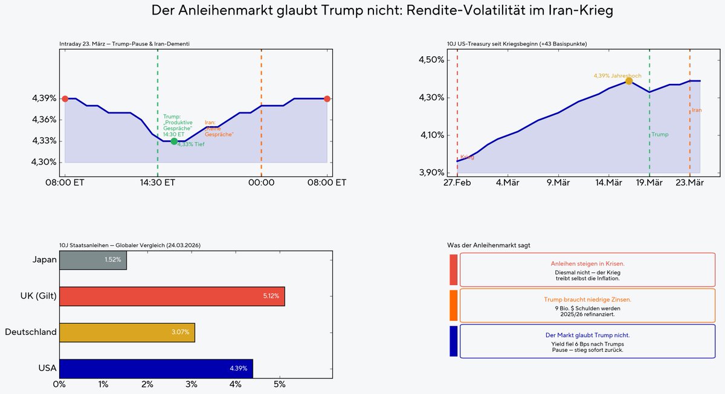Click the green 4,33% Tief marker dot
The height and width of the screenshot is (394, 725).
tap(174, 141)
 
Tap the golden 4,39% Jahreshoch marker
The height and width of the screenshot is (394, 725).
tap(629, 81)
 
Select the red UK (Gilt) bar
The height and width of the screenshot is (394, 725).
tap(172, 296)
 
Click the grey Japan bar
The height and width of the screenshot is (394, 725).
tap(93, 259)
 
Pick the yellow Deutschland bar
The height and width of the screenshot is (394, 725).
tap(127, 332)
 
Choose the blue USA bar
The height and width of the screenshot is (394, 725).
tap(156, 368)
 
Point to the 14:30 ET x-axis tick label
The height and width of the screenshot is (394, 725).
tap(158, 182)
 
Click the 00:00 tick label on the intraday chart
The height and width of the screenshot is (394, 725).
tap(261, 182)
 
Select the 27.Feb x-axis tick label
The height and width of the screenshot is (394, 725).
tap(457, 182)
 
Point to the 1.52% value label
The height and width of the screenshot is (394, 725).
tap(113, 259)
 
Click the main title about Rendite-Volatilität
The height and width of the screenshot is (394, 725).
tap(362, 10)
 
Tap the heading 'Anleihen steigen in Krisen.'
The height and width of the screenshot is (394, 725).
tap(587, 264)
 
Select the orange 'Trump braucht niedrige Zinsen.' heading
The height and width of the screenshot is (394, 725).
tap(587, 299)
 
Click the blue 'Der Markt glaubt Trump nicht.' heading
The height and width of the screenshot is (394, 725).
tap(587, 335)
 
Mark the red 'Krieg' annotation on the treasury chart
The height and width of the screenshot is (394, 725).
tap(467, 157)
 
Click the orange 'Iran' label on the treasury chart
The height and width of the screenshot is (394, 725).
tap(697, 110)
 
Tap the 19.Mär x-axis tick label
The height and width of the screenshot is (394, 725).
tap(649, 182)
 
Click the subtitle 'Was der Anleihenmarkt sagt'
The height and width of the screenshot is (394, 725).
tap(489, 245)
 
